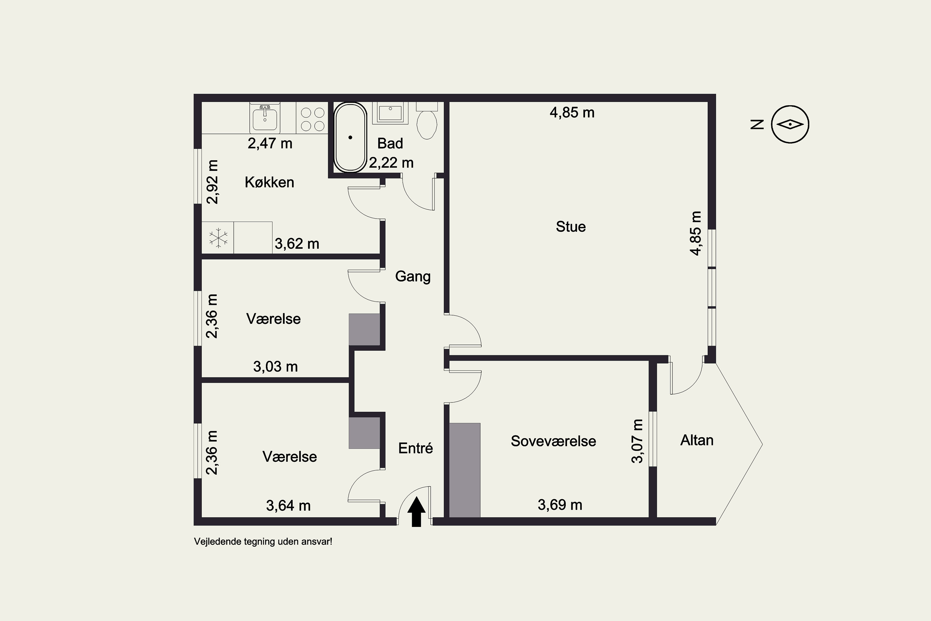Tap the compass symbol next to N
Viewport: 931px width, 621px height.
click(790, 125)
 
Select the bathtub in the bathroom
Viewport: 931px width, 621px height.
click(350, 138)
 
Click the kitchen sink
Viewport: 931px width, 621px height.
click(265, 118)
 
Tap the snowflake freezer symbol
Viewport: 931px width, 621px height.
click(218, 238)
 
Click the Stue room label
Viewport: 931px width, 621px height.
click(571, 227)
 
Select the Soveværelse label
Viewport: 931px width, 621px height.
click(553, 441)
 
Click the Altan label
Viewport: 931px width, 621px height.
click(697, 440)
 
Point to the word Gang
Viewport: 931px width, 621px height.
click(413, 276)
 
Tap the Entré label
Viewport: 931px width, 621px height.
click(416, 448)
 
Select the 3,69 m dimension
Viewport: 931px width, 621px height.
click(560, 505)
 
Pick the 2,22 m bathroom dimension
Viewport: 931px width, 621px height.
click(391, 162)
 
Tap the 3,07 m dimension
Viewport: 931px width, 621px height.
click(637, 441)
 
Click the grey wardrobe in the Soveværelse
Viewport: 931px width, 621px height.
click(465, 470)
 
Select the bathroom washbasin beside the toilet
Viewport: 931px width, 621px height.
click(390, 113)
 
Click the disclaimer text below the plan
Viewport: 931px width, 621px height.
click(263, 542)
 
